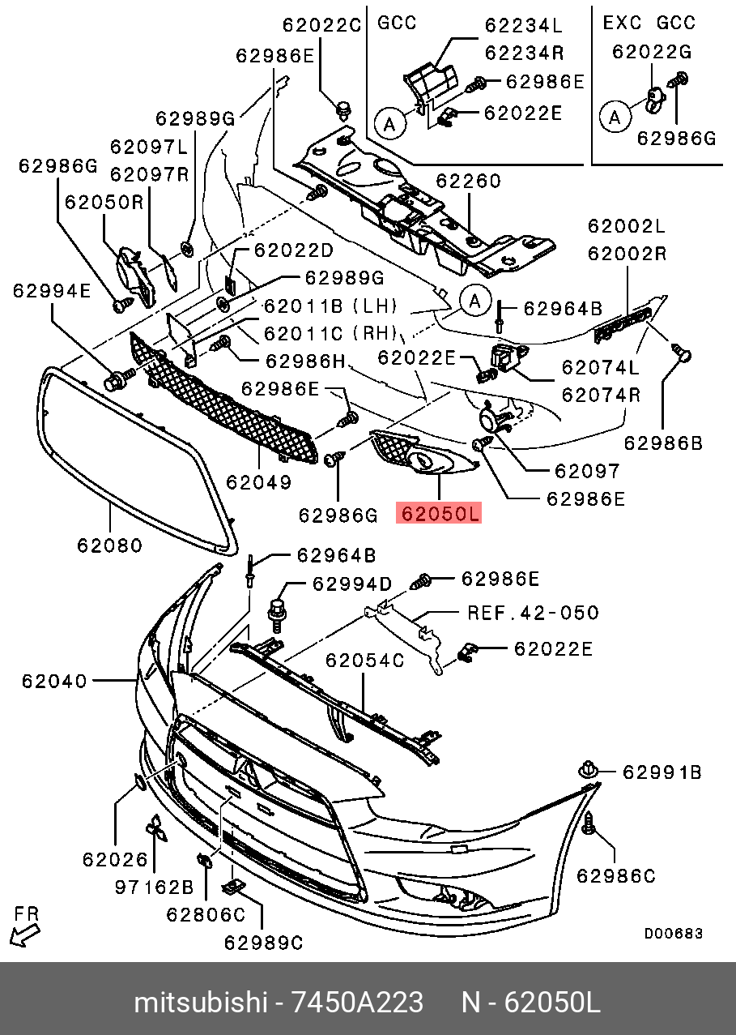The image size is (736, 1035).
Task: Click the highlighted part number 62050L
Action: click(438, 514)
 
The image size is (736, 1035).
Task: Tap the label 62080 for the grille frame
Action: click(110, 545)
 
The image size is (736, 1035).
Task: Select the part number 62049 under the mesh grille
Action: click(258, 483)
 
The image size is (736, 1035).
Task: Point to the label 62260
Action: click(469, 181)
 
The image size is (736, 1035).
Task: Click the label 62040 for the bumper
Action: click(54, 682)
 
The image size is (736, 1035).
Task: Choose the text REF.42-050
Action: click(533, 613)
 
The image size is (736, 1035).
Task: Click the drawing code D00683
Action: click(673, 934)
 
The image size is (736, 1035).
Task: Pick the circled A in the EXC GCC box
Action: click(614, 117)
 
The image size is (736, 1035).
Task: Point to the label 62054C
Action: click(364, 661)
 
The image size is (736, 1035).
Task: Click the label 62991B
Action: click(662, 772)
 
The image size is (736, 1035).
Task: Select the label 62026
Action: click(115, 859)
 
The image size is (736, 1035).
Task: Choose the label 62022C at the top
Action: click(321, 25)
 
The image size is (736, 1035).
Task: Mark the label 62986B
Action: click(662, 443)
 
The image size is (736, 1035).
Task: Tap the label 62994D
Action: click(352, 584)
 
